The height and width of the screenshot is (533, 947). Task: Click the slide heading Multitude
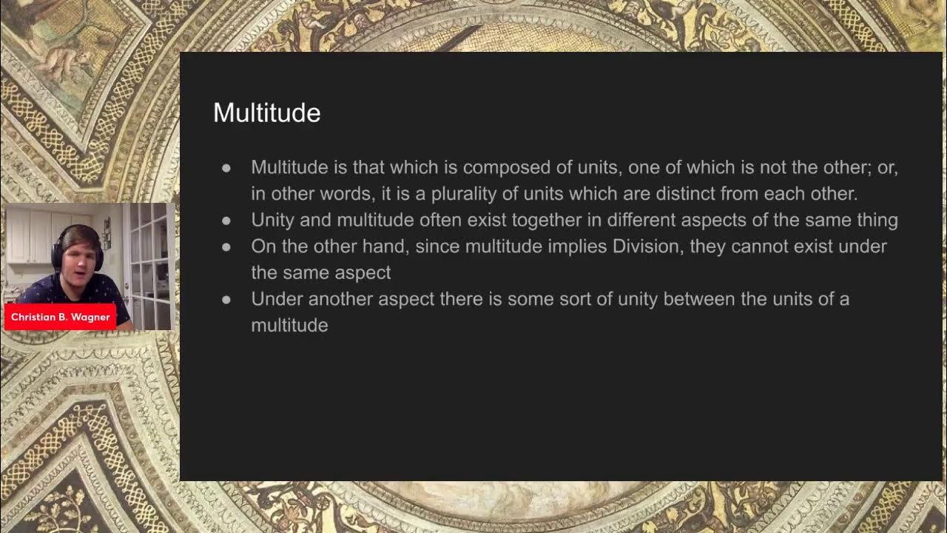(x=266, y=113)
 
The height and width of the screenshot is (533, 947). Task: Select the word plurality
(x=448, y=194)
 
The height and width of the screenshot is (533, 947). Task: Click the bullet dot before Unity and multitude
(x=226, y=221)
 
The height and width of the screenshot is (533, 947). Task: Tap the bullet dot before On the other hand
(x=226, y=247)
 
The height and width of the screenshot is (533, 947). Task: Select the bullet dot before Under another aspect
(x=226, y=300)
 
